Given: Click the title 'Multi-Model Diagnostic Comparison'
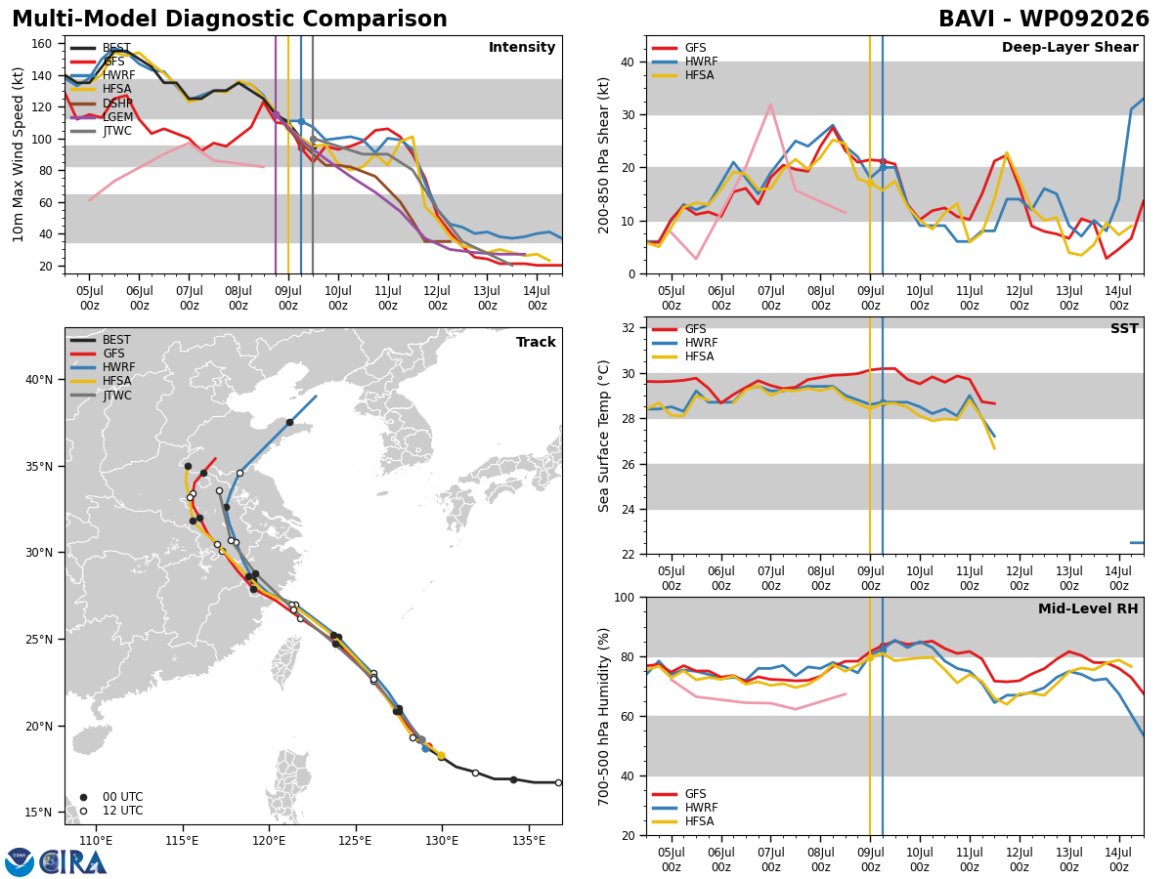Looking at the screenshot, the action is tap(230, 20).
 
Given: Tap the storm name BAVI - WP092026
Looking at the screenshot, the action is tap(1044, 20).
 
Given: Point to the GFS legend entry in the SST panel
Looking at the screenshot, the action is tap(678, 329).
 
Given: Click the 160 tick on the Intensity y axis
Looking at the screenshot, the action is tap(42, 44).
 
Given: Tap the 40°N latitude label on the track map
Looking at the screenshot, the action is tap(39, 380).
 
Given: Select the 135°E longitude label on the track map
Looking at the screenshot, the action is tap(529, 842).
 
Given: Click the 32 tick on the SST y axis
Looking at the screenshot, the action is tap(629, 328).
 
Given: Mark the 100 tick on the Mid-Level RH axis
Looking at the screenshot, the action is tap(625, 598).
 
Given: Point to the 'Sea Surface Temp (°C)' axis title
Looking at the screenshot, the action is tap(604, 437).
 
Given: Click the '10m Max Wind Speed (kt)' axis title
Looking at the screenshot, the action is tap(19, 154).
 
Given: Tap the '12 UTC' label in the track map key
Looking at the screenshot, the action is tap(123, 811).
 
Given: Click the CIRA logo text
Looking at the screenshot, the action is tap(72, 862).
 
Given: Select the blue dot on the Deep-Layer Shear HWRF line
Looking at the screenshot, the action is tap(883, 168).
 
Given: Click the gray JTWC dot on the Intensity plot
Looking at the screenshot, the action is tap(313, 140).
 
